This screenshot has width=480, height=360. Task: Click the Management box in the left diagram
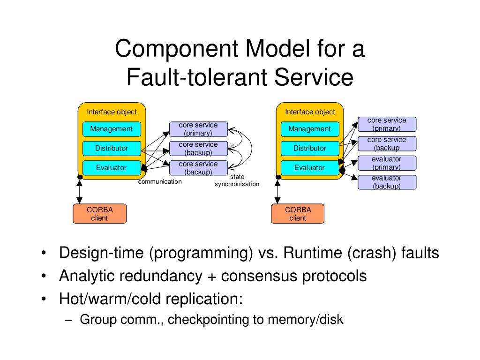tap(112, 129)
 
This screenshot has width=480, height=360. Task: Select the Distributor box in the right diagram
tap(310, 149)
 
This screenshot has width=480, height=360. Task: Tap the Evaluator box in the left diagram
tap(112, 168)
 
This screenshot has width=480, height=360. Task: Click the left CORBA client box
tap(99, 214)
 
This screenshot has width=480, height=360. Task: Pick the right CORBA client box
tap(298, 214)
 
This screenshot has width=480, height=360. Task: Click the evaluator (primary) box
tap(387, 163)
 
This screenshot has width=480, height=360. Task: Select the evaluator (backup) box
tap(387, 182)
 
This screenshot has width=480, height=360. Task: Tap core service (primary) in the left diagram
tap(198, 129)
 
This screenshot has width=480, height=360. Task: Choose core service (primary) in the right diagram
tap(387, 124)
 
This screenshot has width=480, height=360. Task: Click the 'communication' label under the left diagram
tap(160, 181)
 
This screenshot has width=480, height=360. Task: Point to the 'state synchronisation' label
tap(237, 180)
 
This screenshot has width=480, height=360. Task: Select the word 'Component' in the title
tap(177, 49)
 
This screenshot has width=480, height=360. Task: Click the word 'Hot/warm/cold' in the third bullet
tap(112, 299)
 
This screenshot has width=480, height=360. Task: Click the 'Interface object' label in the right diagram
tap(310, 112)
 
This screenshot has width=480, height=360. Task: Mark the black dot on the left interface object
tap(80, 177)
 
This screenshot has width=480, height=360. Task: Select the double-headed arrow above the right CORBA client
tap(277, 192)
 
